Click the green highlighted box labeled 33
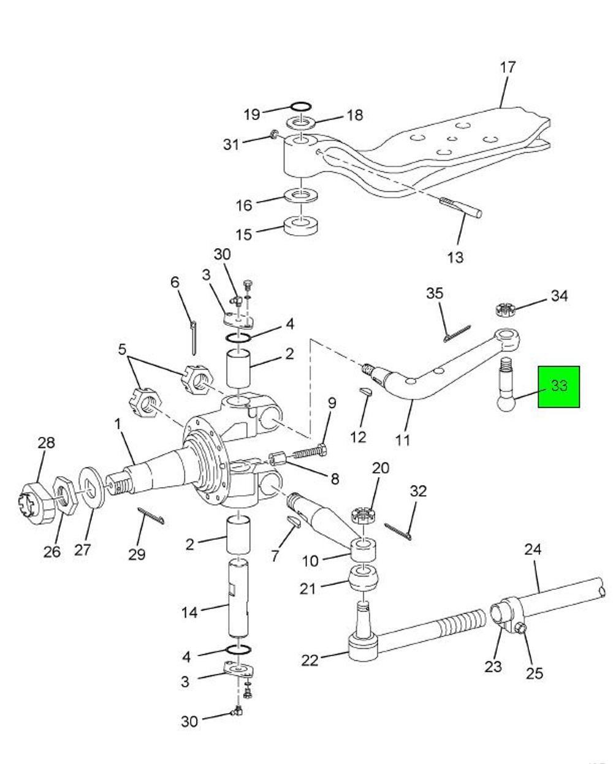point(558,387)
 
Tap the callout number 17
point(508,67)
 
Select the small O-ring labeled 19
point(301,107)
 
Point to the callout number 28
point(47,443)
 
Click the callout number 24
point(533,550)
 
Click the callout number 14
point(189,613)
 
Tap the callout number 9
point(332,403)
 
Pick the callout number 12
point(358,437)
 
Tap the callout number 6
point(175,282)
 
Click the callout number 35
point(435,293)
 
